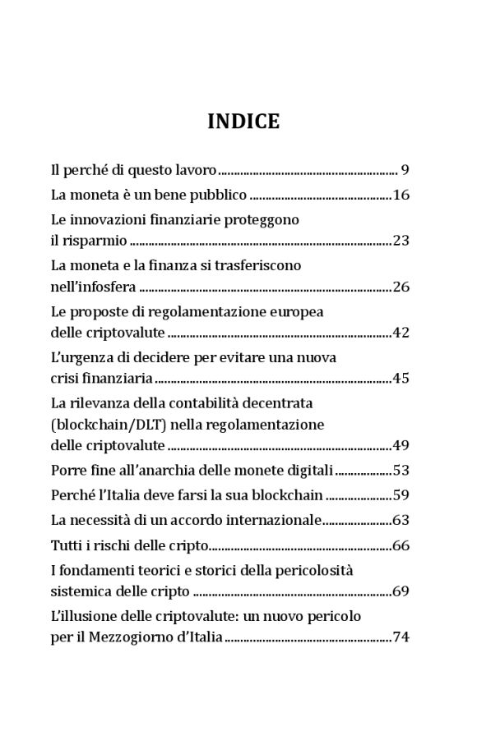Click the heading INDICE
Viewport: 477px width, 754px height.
click(x=243, y=122)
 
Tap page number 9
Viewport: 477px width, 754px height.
click(x=405, y=171)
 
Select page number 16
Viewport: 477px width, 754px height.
click(x=401, y=195)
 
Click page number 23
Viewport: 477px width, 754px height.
click(x=401, y=241)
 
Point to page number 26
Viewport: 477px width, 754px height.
click(x=401, y=287)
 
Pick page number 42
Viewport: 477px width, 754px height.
click(x=401, y=333)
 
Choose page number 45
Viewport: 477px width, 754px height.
click(x=401, y=379)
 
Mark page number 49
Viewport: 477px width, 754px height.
click(x=401, y=446)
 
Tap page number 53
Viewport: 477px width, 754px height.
click(x=401, y=471)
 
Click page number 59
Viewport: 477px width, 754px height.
click(x=401, y=495)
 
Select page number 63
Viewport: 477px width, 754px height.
click(x=401, y=520)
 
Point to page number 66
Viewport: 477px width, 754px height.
click(x=401, y=545)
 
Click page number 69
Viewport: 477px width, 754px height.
click(x=401, y=591)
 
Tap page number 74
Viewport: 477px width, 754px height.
click(x=401, y=637)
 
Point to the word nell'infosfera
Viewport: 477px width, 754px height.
click(x=93, y=287)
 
